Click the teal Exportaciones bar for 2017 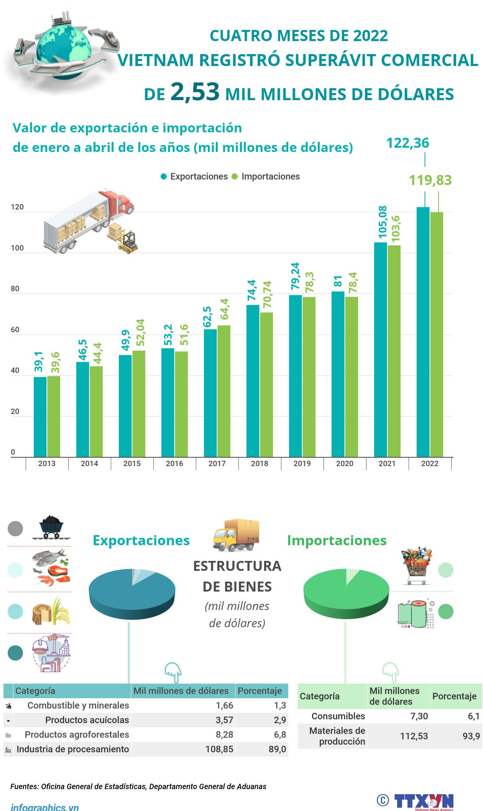coord(210,393)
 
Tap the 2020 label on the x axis coord(345,463)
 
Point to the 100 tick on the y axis coord(17,248)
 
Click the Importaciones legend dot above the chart coord(235,176)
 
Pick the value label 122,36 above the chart coord(407,143)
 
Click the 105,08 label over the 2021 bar coord(383,222)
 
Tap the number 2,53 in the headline coord(195,92)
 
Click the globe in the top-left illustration coord(64,46)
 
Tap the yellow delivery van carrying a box coord(236,535)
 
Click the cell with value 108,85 coord(219,749)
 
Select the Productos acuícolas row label coord(87,720)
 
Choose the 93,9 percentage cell coord(471,736)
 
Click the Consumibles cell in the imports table coord(338,716)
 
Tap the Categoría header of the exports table coord(35,691)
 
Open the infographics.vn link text coord(45,806)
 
